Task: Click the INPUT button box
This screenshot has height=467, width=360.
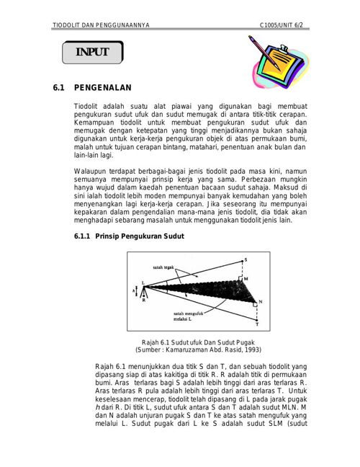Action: point(93,52)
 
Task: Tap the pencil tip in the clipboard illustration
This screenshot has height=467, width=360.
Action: point(279,70)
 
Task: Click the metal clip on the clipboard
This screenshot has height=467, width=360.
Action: point(283,48)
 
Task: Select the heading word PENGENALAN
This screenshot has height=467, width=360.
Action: point(103,88)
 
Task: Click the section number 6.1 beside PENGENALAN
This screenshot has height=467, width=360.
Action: point(58,88)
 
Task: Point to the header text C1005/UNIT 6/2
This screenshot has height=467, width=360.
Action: point(281,25)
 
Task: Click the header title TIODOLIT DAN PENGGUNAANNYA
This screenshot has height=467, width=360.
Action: point(101,25)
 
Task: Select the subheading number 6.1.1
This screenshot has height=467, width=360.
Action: point(82,236)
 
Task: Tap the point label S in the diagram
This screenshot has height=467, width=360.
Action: point(246,259)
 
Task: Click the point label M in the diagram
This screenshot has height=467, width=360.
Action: point(246,279)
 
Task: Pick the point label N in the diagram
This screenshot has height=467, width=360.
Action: point(261,302)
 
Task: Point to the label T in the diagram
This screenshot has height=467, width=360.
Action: point(257,324)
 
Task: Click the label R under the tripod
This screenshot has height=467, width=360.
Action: point(144,301)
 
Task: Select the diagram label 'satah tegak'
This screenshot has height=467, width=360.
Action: point(163,267)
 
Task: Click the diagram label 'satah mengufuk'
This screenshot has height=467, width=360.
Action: point(188,313)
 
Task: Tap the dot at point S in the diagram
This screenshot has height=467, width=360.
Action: point(242,261)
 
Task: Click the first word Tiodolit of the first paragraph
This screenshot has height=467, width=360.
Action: point(86,107)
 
